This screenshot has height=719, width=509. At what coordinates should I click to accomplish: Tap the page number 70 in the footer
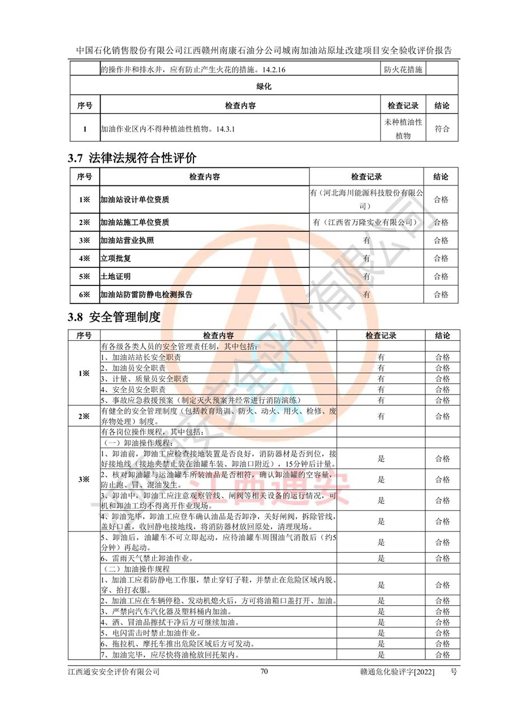click(264, 672)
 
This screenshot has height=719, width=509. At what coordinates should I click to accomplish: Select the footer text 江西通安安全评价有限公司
click(113, 672)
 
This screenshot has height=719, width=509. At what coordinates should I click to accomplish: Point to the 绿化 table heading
click(264, 86)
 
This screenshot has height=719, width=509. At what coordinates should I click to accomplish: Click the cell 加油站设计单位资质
click(135, 200)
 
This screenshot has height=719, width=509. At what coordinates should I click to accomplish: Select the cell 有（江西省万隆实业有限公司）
click(366, 222)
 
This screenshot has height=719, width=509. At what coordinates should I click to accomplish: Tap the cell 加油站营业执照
click(127, 240)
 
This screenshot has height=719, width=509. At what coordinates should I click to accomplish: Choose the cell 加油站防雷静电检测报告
click(146, 294)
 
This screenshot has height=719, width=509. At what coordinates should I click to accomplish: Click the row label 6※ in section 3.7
click(84, 294)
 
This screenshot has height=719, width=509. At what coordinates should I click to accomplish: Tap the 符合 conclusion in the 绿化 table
click(442, 129)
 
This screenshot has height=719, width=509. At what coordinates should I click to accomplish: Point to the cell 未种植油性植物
click(403, 129)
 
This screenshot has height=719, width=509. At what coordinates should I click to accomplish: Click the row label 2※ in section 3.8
click(84, 417)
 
